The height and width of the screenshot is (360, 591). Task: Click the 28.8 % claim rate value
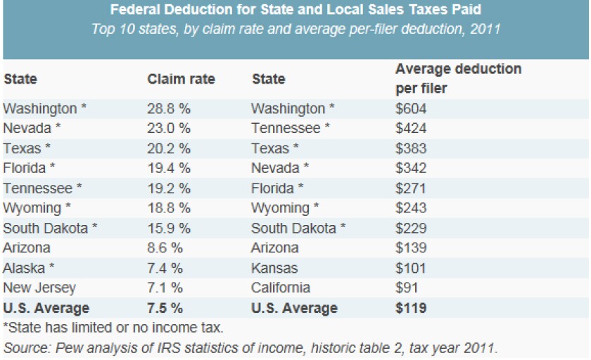pyautogui.click(x=169, y=109)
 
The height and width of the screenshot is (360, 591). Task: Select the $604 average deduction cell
pyautogui.click(x=412, y=109)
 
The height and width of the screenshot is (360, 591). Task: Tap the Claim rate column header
pyautogui.click(x=181, y=79)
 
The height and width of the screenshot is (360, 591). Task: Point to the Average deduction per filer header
pyautogui.click(x=458, y=79)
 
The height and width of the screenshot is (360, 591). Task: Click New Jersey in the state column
pyautogui.click(x=39, y=288)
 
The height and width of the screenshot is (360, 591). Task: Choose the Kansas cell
pyautogui.click(x=274, y=268)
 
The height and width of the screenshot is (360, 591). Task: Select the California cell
pyautogui.click(x=281, y=288)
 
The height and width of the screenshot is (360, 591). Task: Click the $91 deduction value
pyautogui.click(x=407, y=288)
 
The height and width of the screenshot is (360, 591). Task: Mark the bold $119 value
pyautogui.click(x=412, y=308)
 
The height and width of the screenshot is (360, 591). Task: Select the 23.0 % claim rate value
pyautogui.click(x=169, y=129)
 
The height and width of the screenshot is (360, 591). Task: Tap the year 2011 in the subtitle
pyautogui.click(x=483, y=30)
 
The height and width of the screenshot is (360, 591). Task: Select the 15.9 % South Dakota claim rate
pyautogui.click(x=169, y=228)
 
